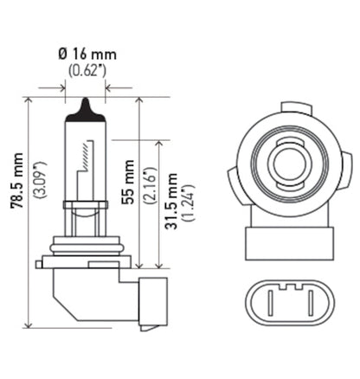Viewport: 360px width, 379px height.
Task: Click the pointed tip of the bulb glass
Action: (x=85, y=106)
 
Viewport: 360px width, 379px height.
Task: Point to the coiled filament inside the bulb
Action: (x=85, y=160)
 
